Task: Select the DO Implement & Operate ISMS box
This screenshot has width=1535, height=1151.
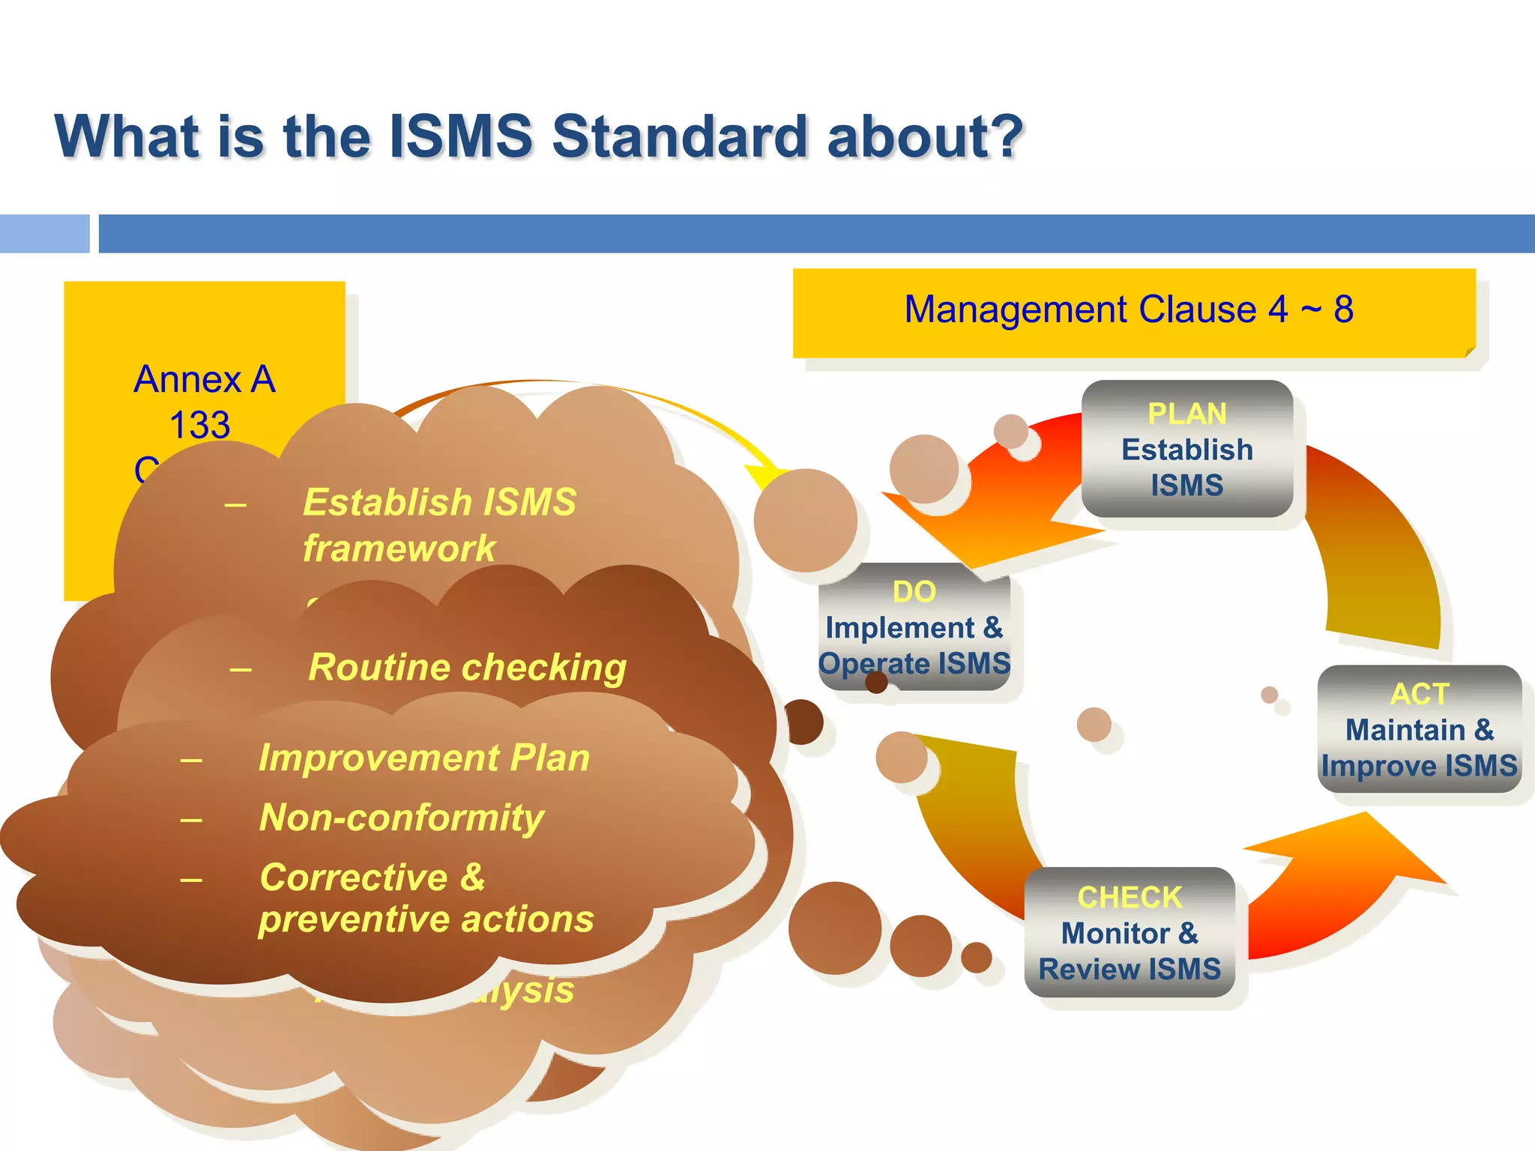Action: coord(914,628)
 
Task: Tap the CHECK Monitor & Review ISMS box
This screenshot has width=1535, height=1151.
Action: coord(1130,933)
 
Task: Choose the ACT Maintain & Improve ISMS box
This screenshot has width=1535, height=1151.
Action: coord(1419,730)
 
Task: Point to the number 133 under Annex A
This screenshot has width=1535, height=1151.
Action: coord(199,426)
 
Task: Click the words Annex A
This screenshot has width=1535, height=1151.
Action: coord(205,379)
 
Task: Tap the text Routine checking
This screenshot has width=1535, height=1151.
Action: coord(467,667)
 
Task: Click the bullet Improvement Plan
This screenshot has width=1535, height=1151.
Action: coord(424,758)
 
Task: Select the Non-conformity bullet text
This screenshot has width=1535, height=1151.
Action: coord(402,818)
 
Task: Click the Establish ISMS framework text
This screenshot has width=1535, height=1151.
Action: coord(439,525)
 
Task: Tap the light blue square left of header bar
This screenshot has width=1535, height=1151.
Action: coord(44,233)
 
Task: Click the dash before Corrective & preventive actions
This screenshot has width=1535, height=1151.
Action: coord(192,879)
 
